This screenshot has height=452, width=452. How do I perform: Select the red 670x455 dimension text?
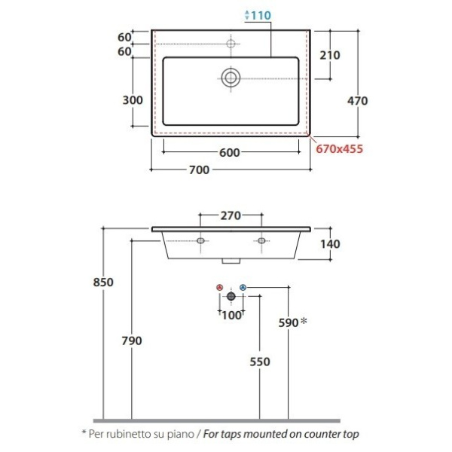339,149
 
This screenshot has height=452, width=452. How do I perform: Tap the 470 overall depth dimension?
357,101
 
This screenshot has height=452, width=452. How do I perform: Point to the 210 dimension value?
330,55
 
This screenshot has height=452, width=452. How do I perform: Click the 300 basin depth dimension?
133,100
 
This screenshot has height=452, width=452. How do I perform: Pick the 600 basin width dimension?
230,153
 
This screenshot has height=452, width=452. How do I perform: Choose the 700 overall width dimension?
199,170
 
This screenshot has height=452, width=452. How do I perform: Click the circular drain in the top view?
231,78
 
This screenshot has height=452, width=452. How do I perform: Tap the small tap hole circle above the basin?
231,44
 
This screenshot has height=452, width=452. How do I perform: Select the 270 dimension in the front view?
231,215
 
